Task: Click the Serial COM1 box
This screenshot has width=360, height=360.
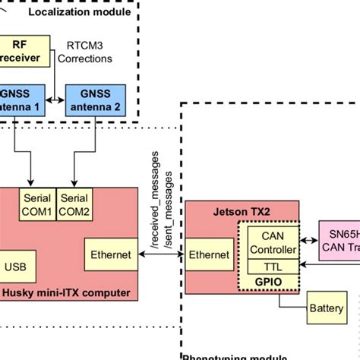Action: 36,204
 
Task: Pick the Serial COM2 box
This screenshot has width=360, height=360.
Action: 74,204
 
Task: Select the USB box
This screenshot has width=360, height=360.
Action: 14,267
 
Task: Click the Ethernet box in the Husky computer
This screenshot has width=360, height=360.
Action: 110,255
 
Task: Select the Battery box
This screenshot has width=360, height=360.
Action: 325,309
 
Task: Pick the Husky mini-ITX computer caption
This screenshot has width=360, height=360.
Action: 66,293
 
